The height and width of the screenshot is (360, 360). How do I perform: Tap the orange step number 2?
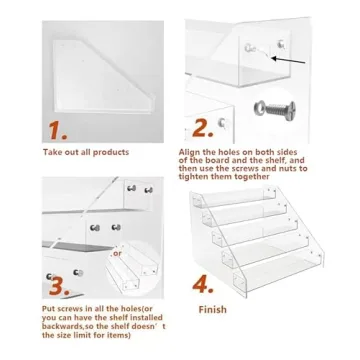[x=205, y=128]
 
